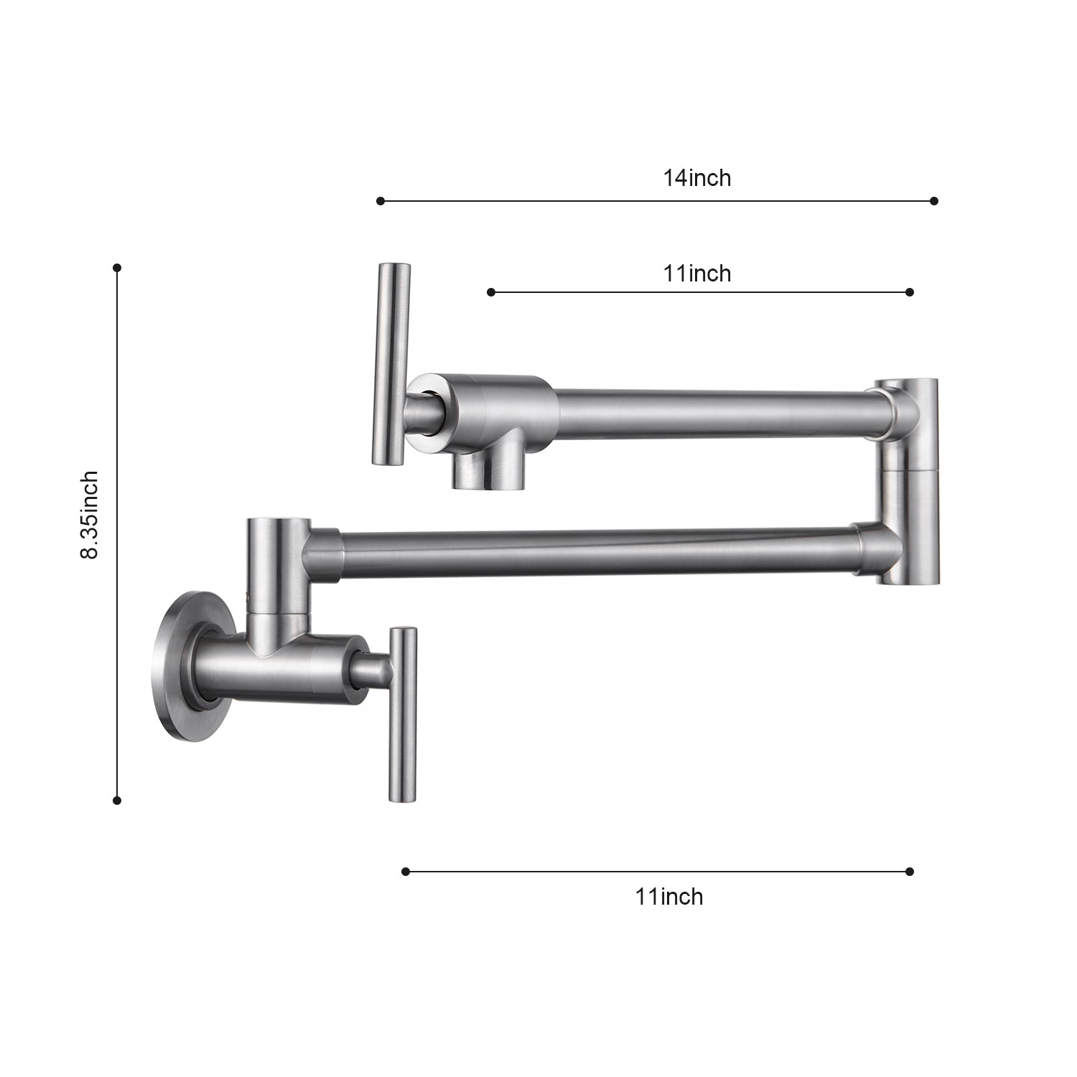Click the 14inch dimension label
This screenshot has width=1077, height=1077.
[x=696, y=177]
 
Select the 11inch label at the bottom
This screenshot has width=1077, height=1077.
[x=668, y=896]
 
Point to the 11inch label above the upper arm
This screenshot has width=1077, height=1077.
[x=696, y=273]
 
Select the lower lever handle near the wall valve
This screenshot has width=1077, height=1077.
[x=402, y=714]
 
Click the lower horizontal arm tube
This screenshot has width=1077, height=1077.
[x=596, y=553]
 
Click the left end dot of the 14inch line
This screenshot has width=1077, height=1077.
[x=381, y=201]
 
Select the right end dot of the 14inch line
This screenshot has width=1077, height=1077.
[x=933, y=201]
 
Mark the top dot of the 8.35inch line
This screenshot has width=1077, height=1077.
[x=117, y=268]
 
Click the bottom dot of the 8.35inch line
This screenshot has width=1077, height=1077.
[x=117, y=800]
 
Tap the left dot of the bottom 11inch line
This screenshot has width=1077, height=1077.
[x=406, y=872]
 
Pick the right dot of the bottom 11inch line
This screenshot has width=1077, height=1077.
[x=910, y=872]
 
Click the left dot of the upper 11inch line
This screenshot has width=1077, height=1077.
[x=491, y=292]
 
